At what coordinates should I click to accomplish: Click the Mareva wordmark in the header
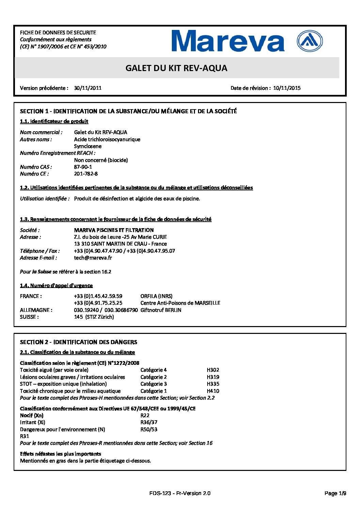pos(228,41)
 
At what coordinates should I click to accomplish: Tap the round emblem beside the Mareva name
pos(310,41)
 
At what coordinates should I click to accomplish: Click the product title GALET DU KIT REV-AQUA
pos(176,68)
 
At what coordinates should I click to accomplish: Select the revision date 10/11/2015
pos(287,88)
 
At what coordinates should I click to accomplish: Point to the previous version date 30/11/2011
pos(88,88)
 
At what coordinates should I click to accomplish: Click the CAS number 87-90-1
pos(83,167)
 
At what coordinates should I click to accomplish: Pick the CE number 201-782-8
pos(86,174)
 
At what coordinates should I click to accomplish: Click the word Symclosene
pos(88,146)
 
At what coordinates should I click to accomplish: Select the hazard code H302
pos(213,370)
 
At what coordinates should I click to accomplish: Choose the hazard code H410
pos(213,391)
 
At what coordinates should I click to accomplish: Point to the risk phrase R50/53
pos(149,429)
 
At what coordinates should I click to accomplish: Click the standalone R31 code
pos(25,436)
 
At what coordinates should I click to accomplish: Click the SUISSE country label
pos(29,317)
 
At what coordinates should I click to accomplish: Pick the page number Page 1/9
pos(335,493)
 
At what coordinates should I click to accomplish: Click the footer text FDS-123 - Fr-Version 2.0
pos(180,493)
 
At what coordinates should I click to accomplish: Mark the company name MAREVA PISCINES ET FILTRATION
pos(114,230)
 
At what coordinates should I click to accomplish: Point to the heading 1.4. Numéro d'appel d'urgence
pos(56,286)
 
